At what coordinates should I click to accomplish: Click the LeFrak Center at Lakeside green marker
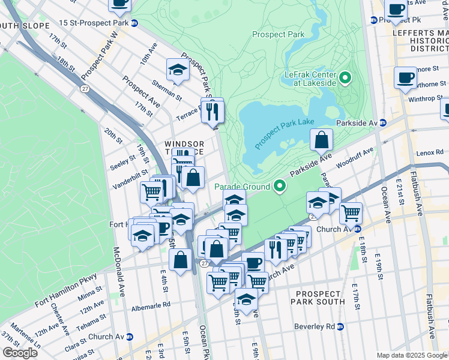tap(345, 78)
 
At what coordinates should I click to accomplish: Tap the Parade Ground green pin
tap(279, 187)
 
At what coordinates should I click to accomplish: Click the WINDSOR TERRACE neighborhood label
tap(184, 149)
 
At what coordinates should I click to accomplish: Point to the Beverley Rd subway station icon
tap(340, 326)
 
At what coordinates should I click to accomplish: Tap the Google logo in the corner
tap(20, 352)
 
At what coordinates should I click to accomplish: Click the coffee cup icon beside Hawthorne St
tap(405, 77)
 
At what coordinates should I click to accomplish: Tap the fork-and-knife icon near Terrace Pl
tap(212, 111)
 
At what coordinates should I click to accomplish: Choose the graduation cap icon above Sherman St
tap(178, 70)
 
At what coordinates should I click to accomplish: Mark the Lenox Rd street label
tap(431, 154)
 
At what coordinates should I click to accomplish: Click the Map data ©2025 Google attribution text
tap(412, 355)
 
